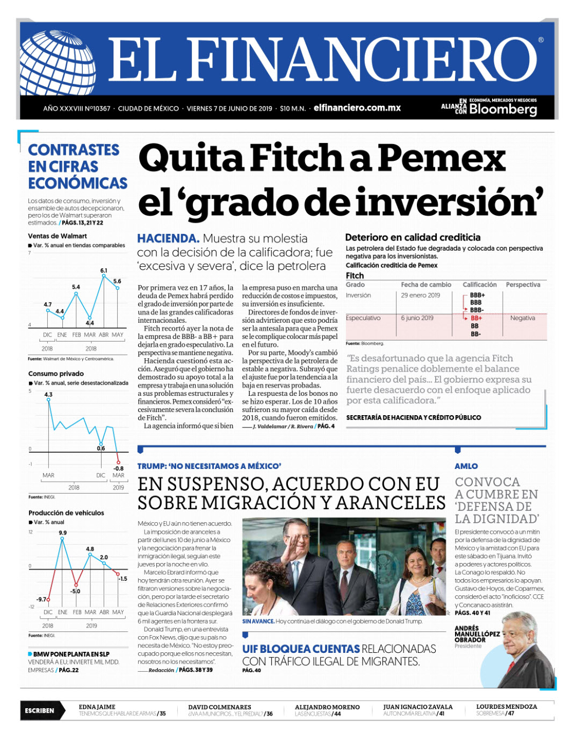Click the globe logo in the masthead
pos(57,63)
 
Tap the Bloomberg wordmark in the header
pos(503,109)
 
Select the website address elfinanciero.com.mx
pos(357,108)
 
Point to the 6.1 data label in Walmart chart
pos(104,271)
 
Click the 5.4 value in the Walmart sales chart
pos(76,287)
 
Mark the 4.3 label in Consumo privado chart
pos(48,394)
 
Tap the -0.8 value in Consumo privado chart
pos(118,468)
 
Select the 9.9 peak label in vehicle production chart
pos(63,532)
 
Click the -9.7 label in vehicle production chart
pos(41,599)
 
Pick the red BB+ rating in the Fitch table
pos(476,318)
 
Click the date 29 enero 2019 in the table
pos(420,295)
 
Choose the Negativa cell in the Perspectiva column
pos(522,318)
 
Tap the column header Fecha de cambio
pos(426,284)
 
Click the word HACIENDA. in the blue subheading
pos(168,238)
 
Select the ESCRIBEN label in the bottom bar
pos(39,710)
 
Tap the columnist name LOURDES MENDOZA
pos(506,707)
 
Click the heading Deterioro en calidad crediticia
pos(413,237)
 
